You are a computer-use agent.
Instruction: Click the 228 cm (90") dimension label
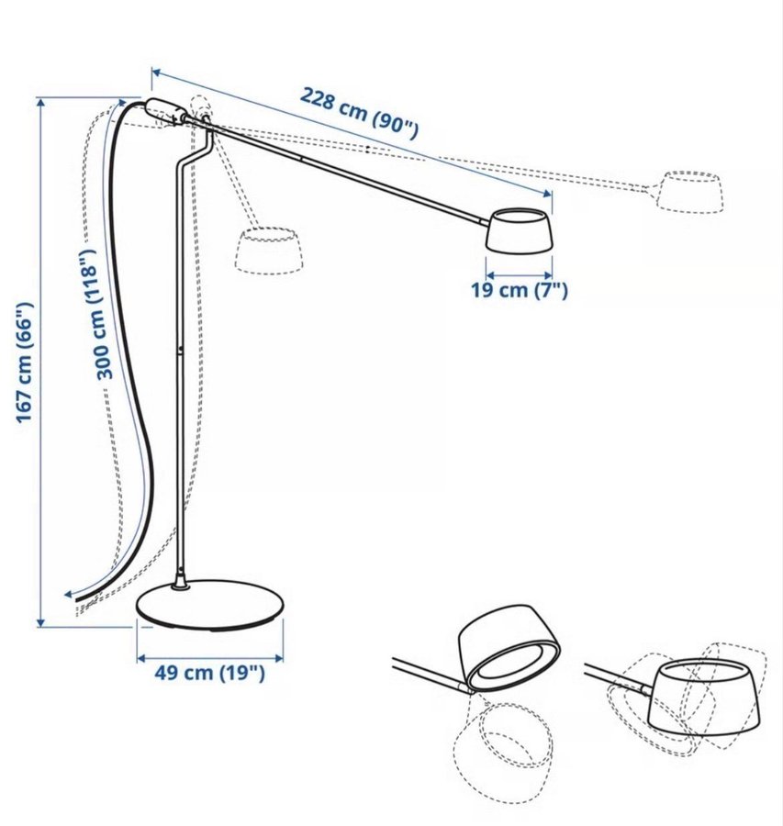359,113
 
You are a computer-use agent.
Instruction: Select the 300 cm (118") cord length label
95,314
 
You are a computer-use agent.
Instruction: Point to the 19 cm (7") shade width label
520,290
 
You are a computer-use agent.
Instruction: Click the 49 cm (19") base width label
209,673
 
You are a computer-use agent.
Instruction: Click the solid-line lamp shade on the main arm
519,229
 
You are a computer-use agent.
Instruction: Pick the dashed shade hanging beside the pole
268,251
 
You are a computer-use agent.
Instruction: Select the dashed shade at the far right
690,192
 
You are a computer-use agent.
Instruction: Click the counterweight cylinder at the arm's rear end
165,110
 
